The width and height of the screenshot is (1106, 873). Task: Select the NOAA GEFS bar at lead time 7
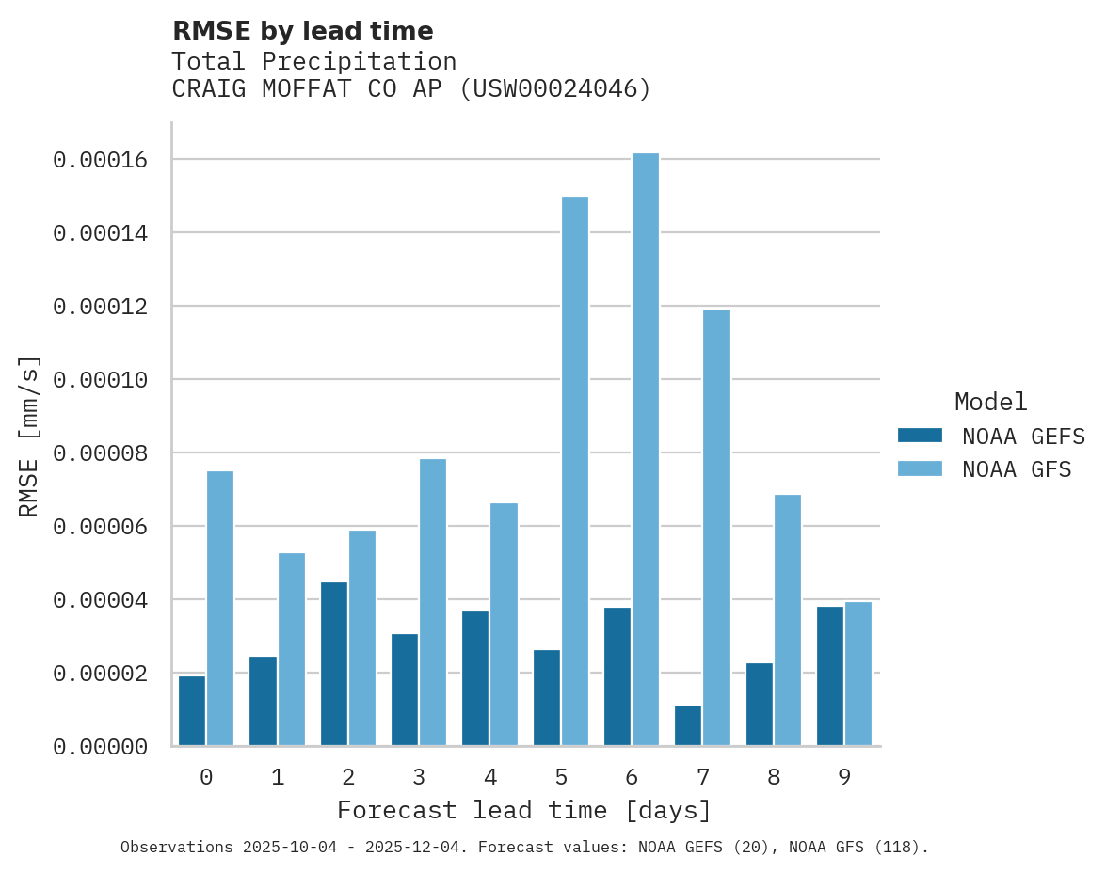pos(688,725)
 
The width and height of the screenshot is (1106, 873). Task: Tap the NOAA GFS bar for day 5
pos(575,471)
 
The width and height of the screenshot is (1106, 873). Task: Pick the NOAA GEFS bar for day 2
pos(334,664)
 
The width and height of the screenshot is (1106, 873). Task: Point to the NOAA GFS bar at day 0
pos(220,609)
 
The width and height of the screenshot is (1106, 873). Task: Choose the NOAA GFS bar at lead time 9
pos(858,674)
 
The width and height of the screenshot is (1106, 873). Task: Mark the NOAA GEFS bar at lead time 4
pos(475,678)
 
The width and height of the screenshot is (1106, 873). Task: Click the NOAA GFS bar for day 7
pos(716,528)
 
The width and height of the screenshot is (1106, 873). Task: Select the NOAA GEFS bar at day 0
pos(192,711)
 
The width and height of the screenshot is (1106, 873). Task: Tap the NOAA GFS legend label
pos(1017,469)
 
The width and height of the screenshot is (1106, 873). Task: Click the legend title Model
pos(990,402)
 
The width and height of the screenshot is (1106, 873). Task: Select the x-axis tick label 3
pos(419,778)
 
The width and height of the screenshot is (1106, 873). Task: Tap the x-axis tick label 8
pos(774,778)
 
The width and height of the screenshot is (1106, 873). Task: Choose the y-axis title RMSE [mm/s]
pos(29,436)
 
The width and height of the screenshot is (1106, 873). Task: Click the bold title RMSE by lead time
pos(302,31)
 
